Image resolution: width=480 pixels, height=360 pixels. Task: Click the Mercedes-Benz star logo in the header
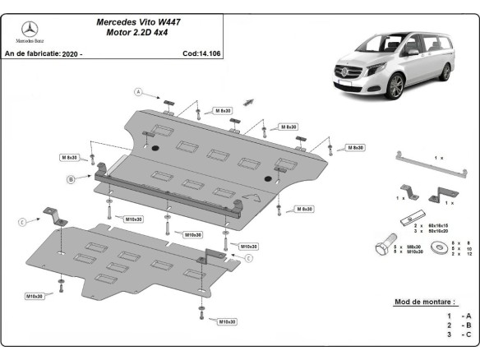pos(31,30)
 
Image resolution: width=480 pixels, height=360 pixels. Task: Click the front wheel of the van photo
pos(398,85)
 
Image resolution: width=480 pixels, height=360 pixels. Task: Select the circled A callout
pos(139,91)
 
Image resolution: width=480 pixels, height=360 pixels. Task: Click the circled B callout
pos(72,178)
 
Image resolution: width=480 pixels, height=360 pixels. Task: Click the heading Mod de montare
pos(423,302)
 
